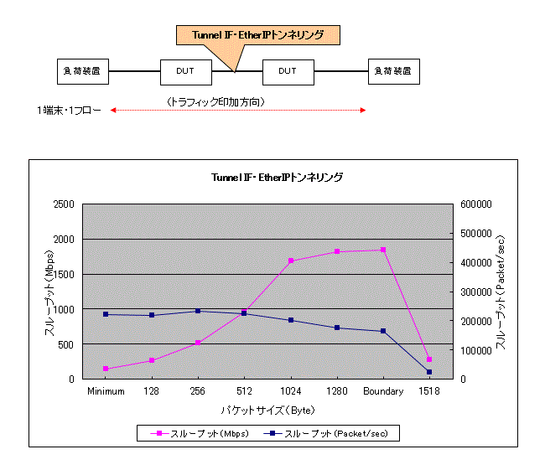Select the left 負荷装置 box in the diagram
tap(81, 71)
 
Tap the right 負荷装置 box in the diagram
tap(393, 71)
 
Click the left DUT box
tap(185, 71)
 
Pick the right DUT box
tap(288, 71)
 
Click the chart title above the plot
tap(277, 178)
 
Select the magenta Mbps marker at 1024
tap(291, 261)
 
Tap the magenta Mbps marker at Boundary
tap(383, 250)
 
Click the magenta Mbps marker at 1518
tap(429, 359)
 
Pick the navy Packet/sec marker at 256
tap(198, 311)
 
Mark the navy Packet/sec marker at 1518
tap(429, 372)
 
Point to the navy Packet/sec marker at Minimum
tap(106, 314)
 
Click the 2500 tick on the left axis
tap(63, 204)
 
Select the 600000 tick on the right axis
tap(475, 204)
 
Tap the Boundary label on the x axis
tap(383, 391)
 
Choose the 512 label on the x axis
tap(244, 391)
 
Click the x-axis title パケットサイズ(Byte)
tap(267, 410)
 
